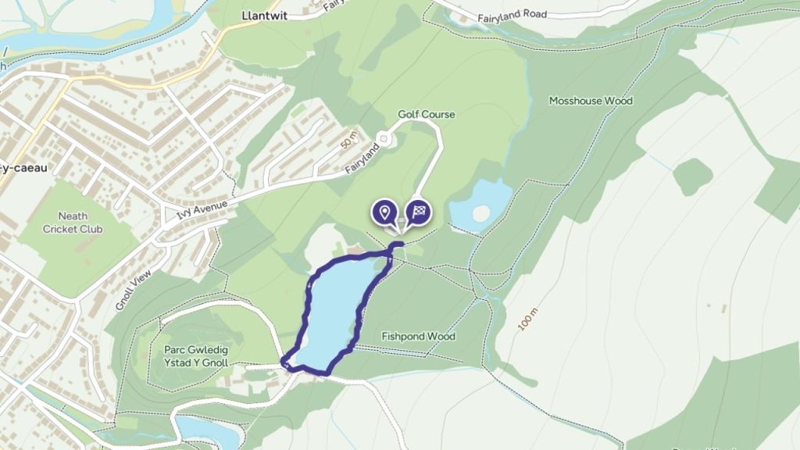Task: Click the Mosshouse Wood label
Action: (x=590, y=101)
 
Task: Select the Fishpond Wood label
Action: (x=418, y=337)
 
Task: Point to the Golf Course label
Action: (x=426, y=115)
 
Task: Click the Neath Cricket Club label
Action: (x=73, y=223)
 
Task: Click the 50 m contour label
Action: (x=348, y=141)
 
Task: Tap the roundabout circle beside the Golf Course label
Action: (x=383, y=139)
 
